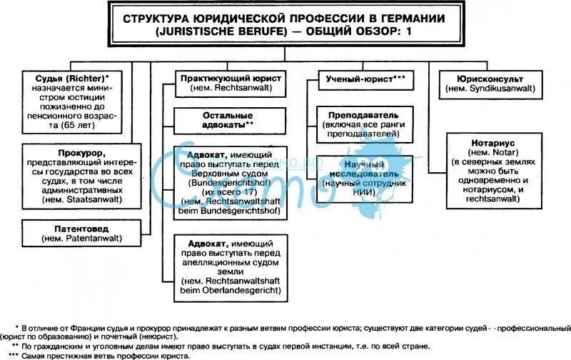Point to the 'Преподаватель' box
click(364, 124)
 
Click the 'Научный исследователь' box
click(364, 173)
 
